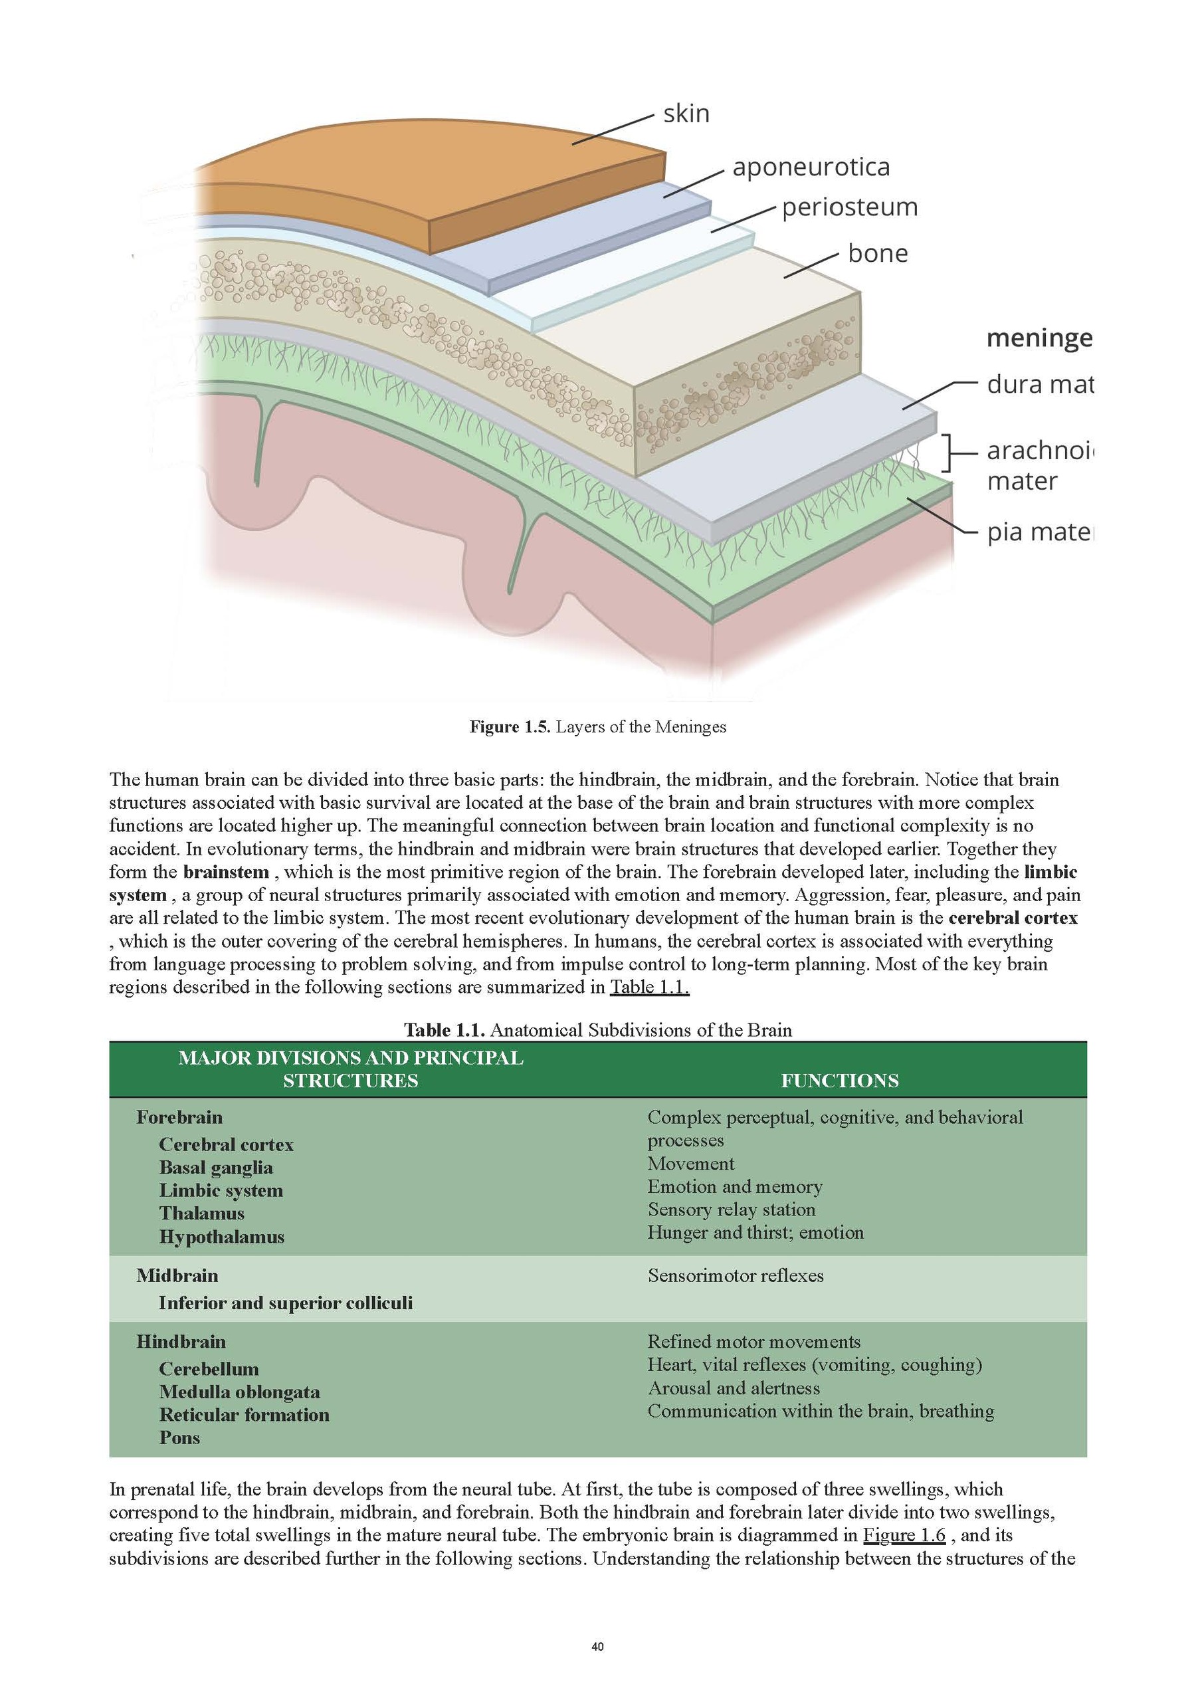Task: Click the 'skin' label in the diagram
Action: [686, 114]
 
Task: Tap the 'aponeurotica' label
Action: [811, 167]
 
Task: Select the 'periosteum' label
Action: [850, 207]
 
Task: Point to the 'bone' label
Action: [878, 253]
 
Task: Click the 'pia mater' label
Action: [1039, 532]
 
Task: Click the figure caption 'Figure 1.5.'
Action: [510, 727]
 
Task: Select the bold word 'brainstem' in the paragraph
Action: [226, 873]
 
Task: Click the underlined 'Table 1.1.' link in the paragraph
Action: [649, 988]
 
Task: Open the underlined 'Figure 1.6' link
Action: [904, 1535]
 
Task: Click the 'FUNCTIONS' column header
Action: [839, 1081]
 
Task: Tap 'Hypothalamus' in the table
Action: [222, 1237]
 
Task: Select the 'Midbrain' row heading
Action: [177, 1275]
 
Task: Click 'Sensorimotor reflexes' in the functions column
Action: [736, 1275]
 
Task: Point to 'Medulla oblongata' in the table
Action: [239, 1392]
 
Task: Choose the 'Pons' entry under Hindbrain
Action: [180, 1437]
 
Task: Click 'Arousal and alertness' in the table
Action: [734, 1388]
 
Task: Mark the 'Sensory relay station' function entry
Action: [731, 1210]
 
